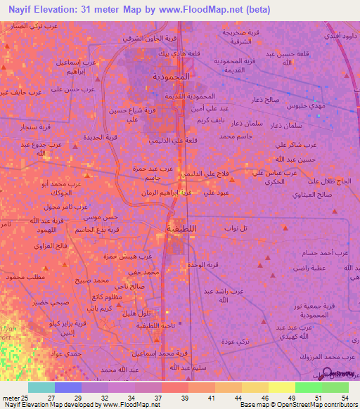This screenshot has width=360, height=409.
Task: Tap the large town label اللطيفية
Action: click(x=181, y=228)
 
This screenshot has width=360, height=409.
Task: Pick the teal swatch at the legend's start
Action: click(x=41, y=387)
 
